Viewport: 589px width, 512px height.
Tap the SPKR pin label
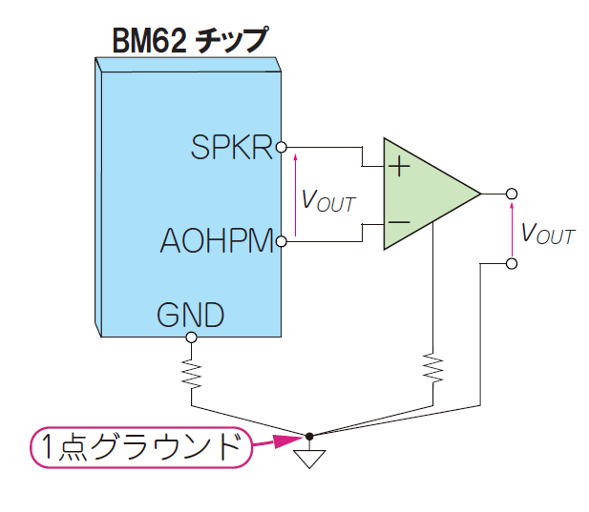click(x=231, y=148)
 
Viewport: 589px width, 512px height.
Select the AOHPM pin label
click(x=217, y=241)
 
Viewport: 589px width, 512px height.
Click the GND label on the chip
click(x=191, y=314)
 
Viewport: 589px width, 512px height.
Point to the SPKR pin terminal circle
click(x=282, y=148)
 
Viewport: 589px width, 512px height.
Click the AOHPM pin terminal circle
click(x=282, y=242)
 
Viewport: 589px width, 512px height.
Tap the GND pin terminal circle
click(x=192, y=338)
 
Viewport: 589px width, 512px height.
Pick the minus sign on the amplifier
click(x=400, y=223)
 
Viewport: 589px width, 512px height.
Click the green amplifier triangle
click(x=420, y=195)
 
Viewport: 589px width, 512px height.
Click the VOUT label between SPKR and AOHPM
click(x=327, y=201)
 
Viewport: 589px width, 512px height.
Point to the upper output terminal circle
click(x=512, y=195)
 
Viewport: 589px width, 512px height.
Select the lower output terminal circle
click(x=512, y=263)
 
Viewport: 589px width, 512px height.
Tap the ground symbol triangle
click(x=308, y=459)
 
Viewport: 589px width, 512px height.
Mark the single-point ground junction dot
click(x=308, y=436)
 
